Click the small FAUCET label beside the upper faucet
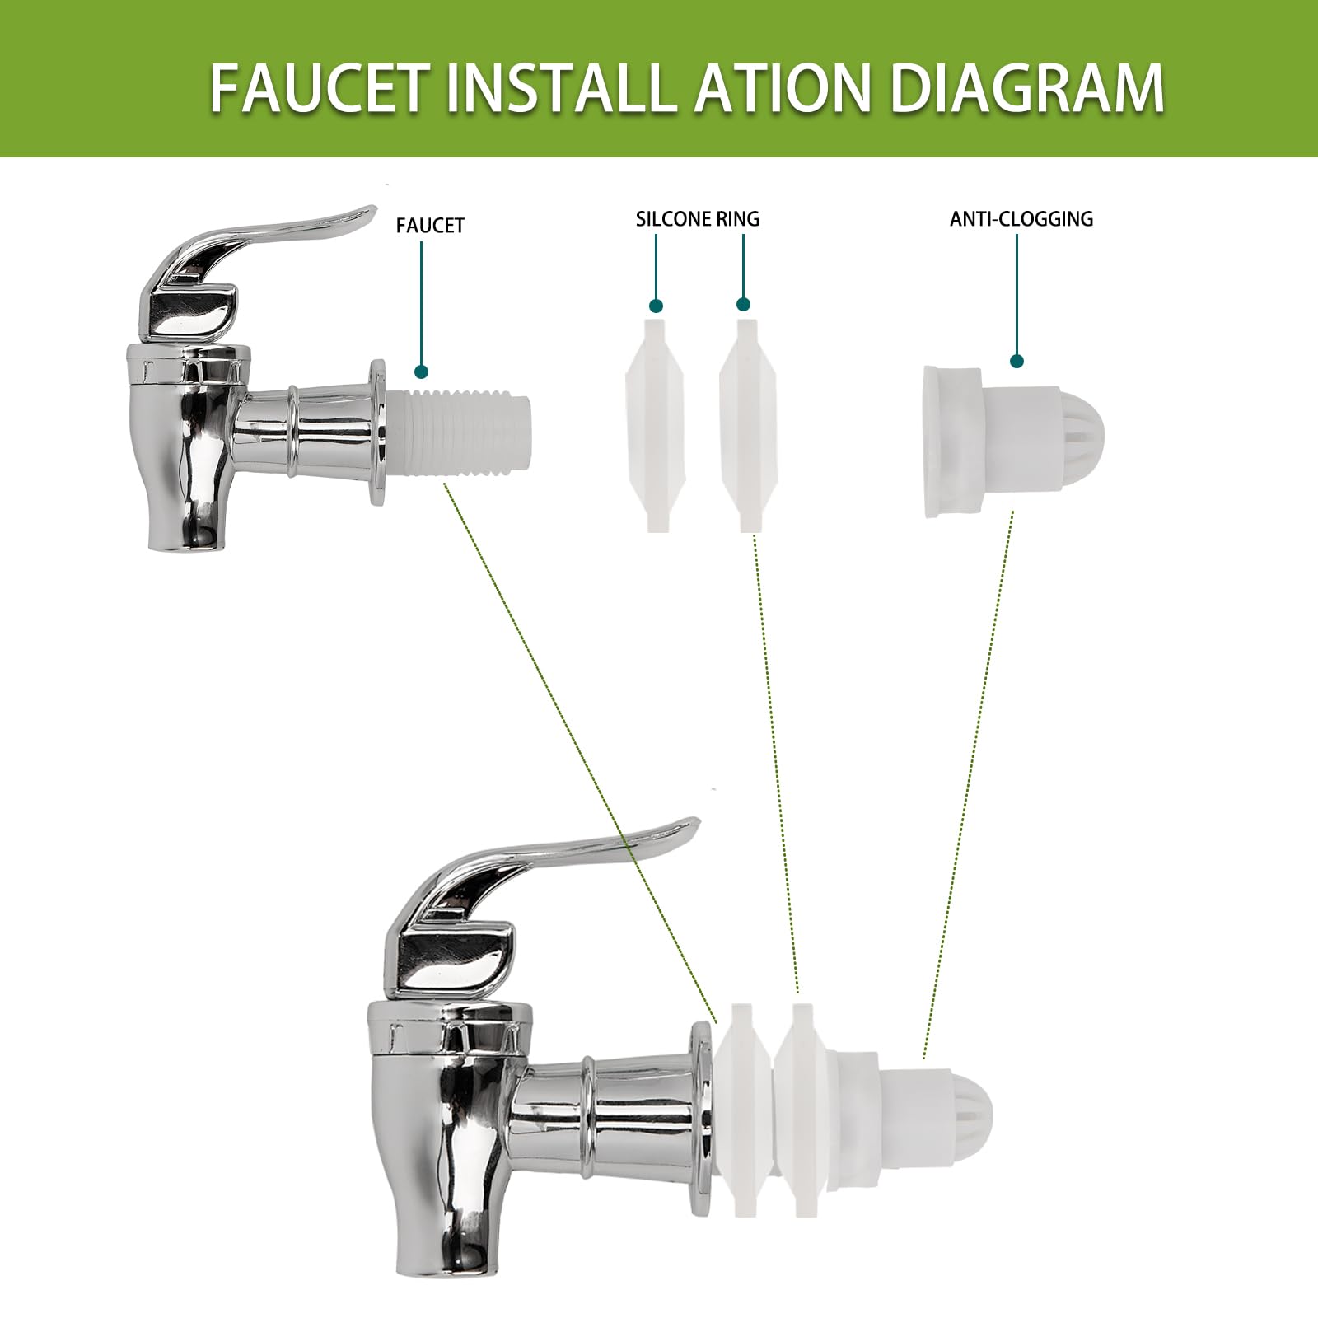coord(430,226)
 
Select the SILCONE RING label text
coord(698,219)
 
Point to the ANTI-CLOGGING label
coord(1021,219)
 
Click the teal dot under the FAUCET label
coord(422,372)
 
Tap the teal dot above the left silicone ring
coord(657,306)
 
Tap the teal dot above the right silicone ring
coord(744,304)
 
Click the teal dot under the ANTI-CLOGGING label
coord(1017,361)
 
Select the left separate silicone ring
coord(655,424)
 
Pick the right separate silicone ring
coord(749,425)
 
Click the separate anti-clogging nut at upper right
coord(1012,442)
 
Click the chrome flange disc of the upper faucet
coord(378,432)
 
